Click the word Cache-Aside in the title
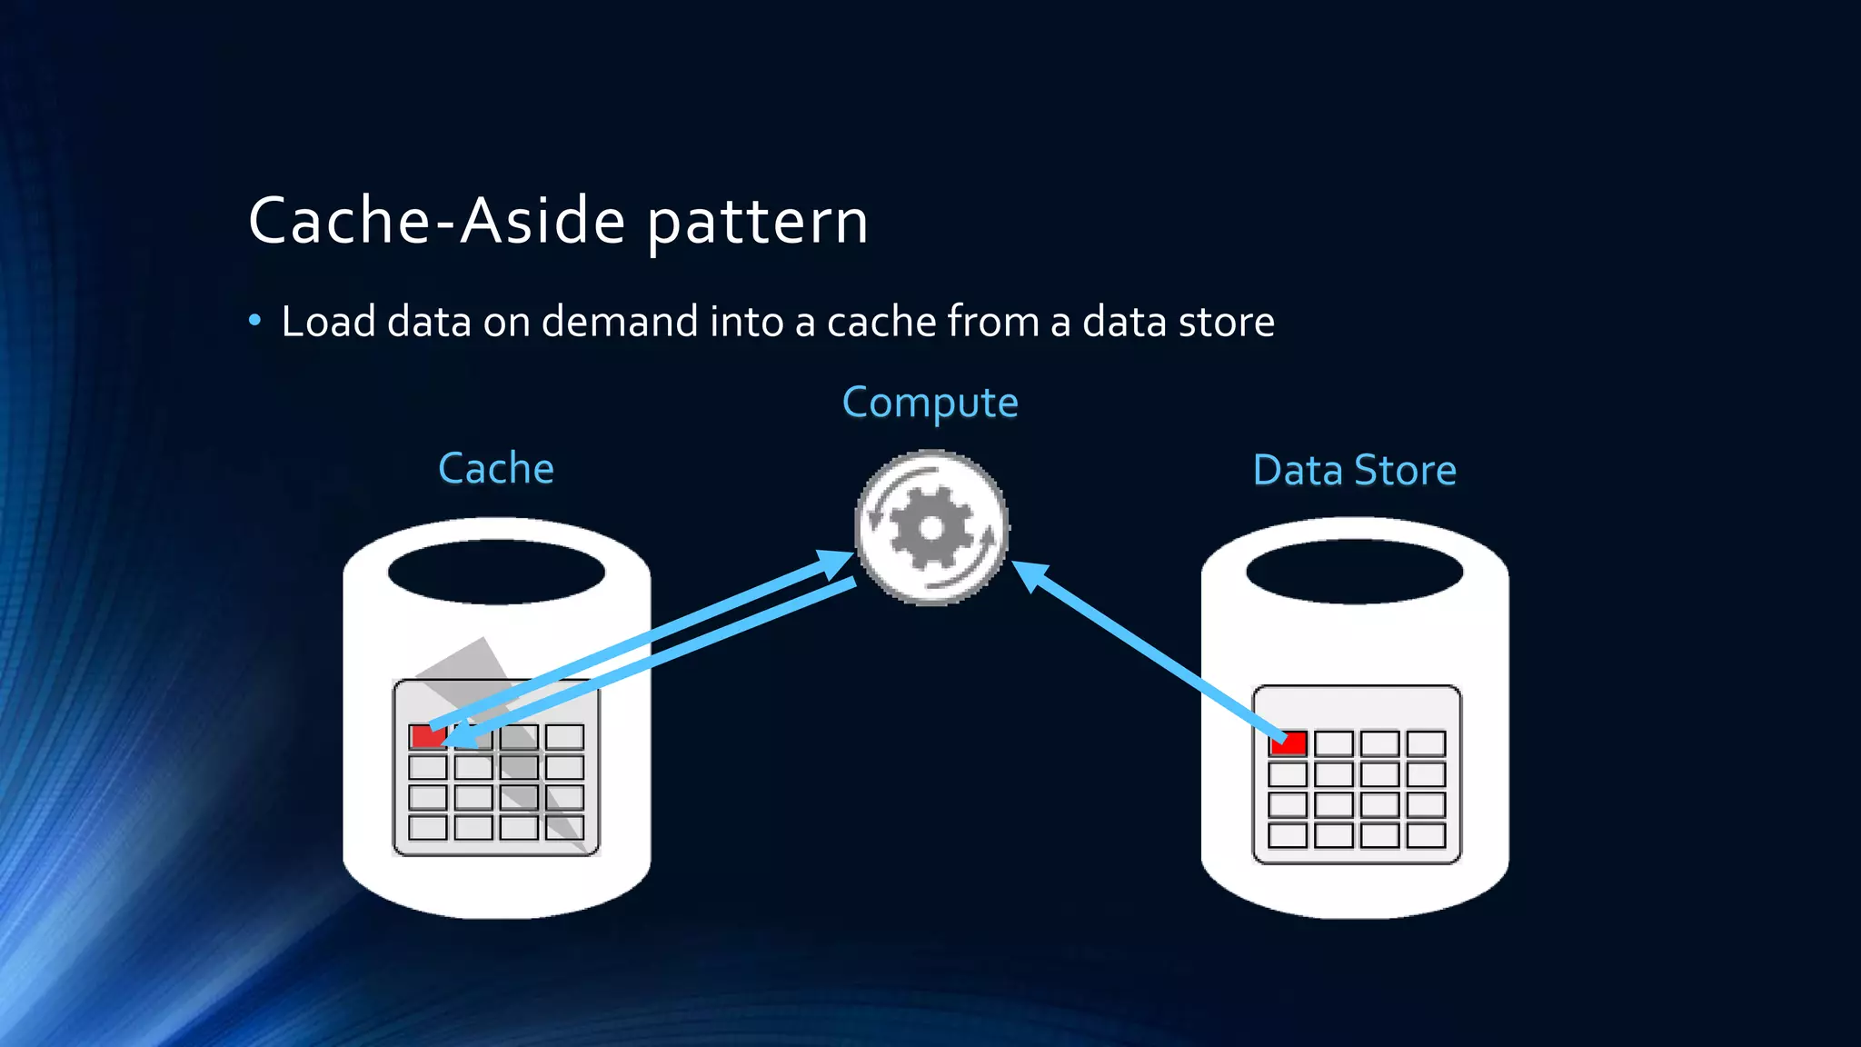pyautogui.click(x=436, y=221)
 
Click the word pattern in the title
pyautogui.click(x=757, y=223)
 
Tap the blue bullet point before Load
pyautogui.click(x=255, y=320)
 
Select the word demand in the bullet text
pyautogui.click(x=619, y=322)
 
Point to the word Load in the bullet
pyautogui.click(x=328, y=322)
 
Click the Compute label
pyautogui.click(x=930, y=402)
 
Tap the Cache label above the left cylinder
pyautogui.click(x=495, y=469)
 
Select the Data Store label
pyautogui.click(x=1354, y=471)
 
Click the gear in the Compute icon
pyautogui.click(x=930, y=528)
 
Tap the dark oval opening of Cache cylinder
pyautogui.click(x=496, y=572)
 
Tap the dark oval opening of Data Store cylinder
pyautogui.click(x=1354, y=572)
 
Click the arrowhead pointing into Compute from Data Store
pyautogui.click(x=1030, y=573)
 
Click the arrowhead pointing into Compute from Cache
pyautogui.click(x=833, y=563)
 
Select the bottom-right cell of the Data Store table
pyautogui.click(x=1426, y=835)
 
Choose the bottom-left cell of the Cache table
pyautogui.click(x=427, y=827)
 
